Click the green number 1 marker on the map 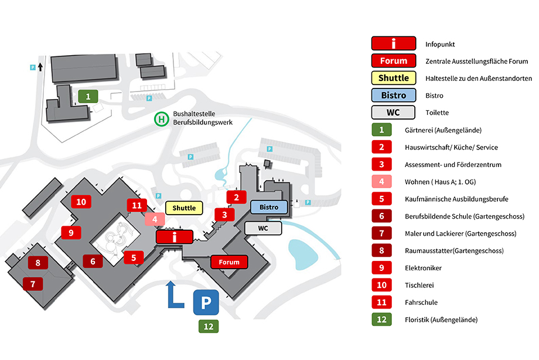[88, 96]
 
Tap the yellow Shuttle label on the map [184, 208]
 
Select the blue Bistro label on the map [269, 207]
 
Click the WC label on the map [263, 228]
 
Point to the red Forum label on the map [229, 262]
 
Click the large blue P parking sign [206, 303]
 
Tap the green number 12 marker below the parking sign [209, 326]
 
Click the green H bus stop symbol [161, 119]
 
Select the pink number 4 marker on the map [155, 219]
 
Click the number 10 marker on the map [81, 202]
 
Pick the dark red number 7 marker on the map [33, 284]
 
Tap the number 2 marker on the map [237, 197]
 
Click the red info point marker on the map [174, 237]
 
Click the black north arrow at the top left [40, 67]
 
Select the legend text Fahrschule [421, 303]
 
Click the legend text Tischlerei [419, 286]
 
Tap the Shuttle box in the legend [394, 78]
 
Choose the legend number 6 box [381, 216]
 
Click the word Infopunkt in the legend [440, 45]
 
